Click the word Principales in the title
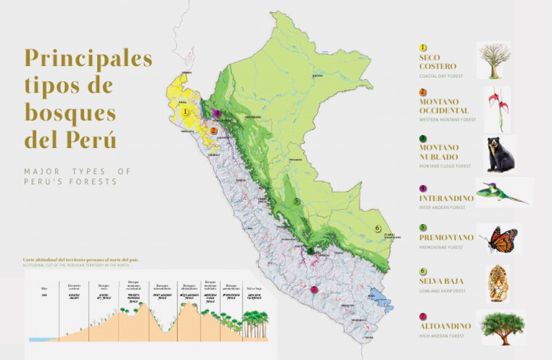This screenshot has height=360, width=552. (88, 58)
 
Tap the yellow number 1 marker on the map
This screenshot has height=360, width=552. (185, 111)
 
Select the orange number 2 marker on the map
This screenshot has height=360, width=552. (213, 131)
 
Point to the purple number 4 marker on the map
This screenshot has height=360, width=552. (216, 113)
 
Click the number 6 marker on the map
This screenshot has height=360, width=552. (377, 229)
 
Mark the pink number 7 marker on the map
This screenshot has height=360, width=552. (313, 290)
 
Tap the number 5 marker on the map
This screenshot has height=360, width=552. (296, 202)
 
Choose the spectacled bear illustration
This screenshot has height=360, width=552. (495, 154)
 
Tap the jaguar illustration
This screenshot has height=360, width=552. (497, 283)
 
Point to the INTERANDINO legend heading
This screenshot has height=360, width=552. (446, 198)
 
